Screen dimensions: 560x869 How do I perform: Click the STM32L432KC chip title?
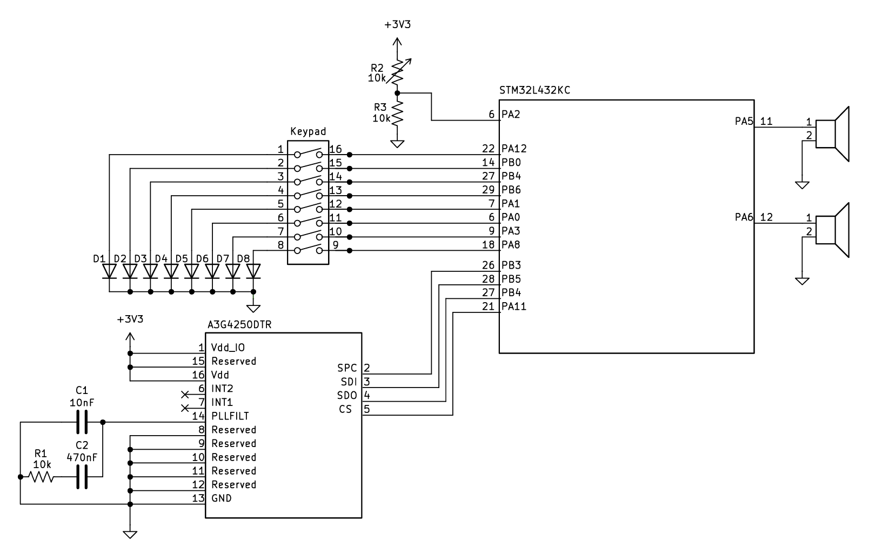[x=535, y=90]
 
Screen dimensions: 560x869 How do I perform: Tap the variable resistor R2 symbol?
[x=397, y=69]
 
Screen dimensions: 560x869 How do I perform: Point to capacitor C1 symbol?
[x=82, y=422]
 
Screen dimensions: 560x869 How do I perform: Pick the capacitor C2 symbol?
[x=82, y=477]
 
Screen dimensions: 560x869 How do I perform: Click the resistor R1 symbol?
[x=41, y=477]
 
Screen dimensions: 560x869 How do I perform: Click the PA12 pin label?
[x=514, y=148]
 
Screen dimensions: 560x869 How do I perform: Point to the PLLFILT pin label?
[x=230, y=416]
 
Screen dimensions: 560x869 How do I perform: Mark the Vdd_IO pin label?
[x=228, y=347]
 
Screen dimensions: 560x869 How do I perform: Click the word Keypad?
[x=308, y=131]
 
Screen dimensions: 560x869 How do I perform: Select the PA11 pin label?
[x=513, y=306]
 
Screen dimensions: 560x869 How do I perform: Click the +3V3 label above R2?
[x=397, y=25]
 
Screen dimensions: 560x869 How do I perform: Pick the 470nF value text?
[x=82, y=457]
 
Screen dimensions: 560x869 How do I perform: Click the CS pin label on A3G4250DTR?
[x=345, y=409]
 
